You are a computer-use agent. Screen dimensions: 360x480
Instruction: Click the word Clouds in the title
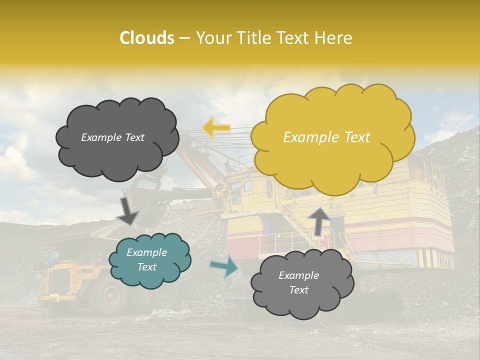(x=147, y=38)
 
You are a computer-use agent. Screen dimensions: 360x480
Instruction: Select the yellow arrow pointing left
(x=216, y=127)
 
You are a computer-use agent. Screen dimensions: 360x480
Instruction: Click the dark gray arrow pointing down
(x=127, y=211)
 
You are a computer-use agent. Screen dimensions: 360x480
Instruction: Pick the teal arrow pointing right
(x=224, y=266)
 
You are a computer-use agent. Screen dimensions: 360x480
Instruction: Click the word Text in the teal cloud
(x=147, y=267)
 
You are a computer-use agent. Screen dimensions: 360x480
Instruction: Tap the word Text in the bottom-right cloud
(x=298, y=290)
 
